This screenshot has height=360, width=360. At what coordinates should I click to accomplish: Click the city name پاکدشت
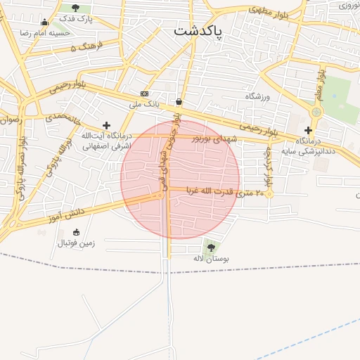tap(197, 32)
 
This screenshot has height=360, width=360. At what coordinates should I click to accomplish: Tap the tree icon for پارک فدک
tap(75, 8)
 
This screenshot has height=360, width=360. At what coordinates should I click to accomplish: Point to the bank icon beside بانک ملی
tap(144, 94)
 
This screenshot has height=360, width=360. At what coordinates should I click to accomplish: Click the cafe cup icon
tap(179, 101)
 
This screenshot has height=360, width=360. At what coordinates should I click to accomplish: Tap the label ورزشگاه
tap(257, 96)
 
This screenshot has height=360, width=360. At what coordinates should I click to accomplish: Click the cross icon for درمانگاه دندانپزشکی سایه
tap(308, 130)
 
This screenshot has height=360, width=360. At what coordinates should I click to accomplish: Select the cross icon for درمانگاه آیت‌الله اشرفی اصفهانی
tap(106, 125)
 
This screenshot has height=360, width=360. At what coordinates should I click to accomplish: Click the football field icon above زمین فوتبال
tap(76, 232)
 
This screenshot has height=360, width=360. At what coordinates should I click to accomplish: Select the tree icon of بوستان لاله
tap(210, 247)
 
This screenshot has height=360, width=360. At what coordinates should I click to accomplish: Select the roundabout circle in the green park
tap(316, 111)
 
